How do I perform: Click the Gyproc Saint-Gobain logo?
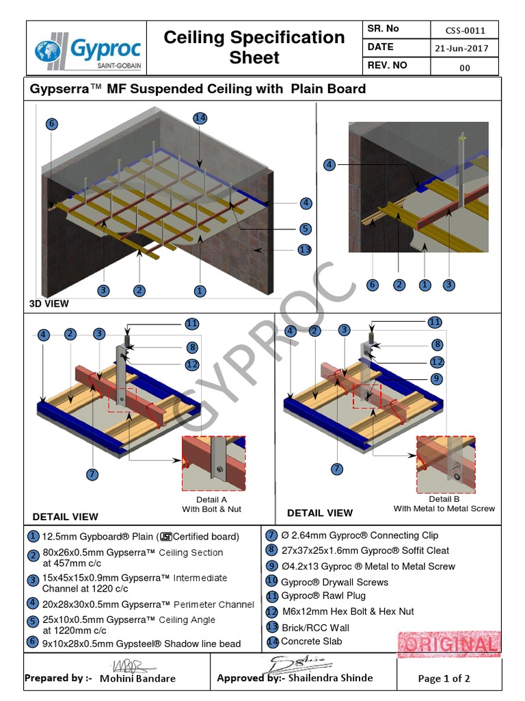point(87,49)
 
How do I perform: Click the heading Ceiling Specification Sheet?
point(254,47)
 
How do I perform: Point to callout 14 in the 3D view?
point(200,118)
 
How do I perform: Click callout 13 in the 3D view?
point(305,250)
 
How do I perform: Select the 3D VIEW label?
point(49,303)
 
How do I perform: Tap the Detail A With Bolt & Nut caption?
point(211,505)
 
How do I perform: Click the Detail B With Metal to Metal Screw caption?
point(444,504)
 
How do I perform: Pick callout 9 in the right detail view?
point(437,379)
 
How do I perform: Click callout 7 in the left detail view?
point(93,474)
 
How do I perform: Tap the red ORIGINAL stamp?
point(450,644)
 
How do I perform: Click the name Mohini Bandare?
point(137,678)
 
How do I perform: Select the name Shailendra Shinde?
point(330,678)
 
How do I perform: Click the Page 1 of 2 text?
point(444,679)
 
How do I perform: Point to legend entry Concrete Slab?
point(311,641)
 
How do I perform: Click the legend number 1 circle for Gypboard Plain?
point(33,536)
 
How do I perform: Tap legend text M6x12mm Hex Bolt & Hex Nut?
point(348,611)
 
